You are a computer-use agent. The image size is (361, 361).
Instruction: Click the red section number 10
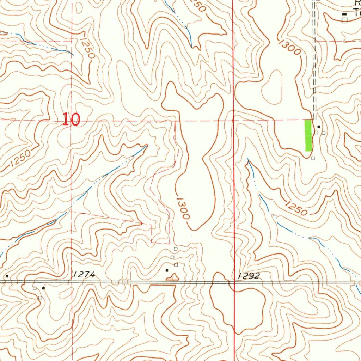tap(71, 120)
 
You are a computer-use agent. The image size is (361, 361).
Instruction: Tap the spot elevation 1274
tap(84, 275)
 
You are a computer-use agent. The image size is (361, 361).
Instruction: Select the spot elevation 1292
tap(249, 276)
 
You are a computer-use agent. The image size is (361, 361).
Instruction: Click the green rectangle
tap(308, 135)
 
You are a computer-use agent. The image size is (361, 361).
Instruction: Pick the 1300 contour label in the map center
tap(183, 208)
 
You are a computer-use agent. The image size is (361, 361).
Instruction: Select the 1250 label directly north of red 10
tap(87, 48)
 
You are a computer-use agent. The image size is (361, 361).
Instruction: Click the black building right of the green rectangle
tap(319, 126)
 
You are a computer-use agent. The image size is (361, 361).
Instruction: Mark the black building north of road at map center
tap(167, 270)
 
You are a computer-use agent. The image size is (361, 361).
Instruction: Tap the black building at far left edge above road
tap(7, 276)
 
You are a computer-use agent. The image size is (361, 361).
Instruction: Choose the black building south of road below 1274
tap(43, 288)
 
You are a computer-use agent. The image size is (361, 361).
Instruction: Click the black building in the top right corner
tap(344, 14)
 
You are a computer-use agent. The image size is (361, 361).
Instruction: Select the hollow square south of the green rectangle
tap(313, 158)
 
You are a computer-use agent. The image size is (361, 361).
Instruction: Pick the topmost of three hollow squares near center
tap(175, 249)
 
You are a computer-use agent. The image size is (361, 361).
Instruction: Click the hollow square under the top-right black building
tap(344, 20)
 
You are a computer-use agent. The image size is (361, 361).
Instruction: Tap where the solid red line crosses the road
tap(234, 282)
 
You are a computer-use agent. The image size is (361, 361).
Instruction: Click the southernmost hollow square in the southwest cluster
tap(40, 298)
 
